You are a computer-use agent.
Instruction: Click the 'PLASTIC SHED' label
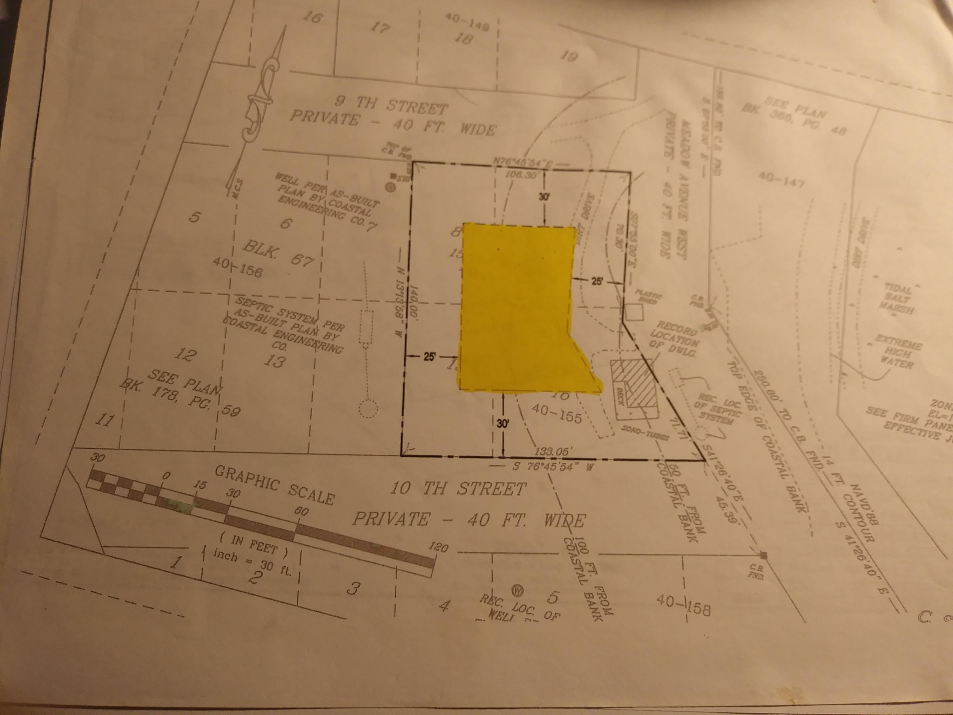[648, 298]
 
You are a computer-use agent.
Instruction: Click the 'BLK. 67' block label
[278, 254]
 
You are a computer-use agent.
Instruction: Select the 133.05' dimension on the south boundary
[554, 452]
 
